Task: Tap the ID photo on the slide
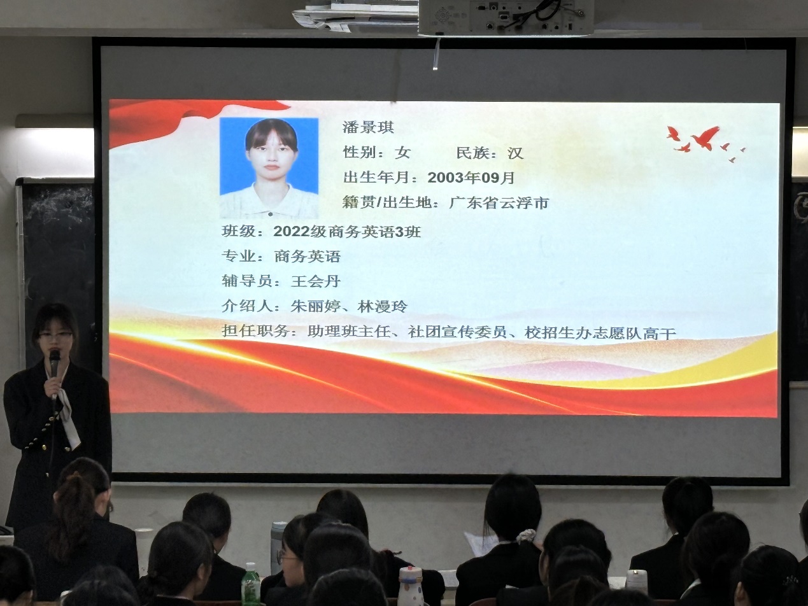tap(269, 168)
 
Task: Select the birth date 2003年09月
tap(471, 178)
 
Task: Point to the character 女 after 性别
tap(402, 152)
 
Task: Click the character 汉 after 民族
tap(515, 153)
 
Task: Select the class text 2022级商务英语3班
tap(347, 232)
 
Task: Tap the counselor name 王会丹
tap(315, 281)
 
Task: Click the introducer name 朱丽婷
tap(315, 306)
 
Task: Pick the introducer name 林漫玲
tap(383, 306)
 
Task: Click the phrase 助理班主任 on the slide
tap(349, 332)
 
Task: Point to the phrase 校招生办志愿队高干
tap(600, 333)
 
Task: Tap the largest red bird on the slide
tap(705, 138)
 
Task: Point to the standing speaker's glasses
tap(56, 335)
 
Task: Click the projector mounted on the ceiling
tap(506, 17)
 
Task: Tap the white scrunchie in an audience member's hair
tap(527, 536)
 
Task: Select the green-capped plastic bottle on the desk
tap(251, 584)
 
